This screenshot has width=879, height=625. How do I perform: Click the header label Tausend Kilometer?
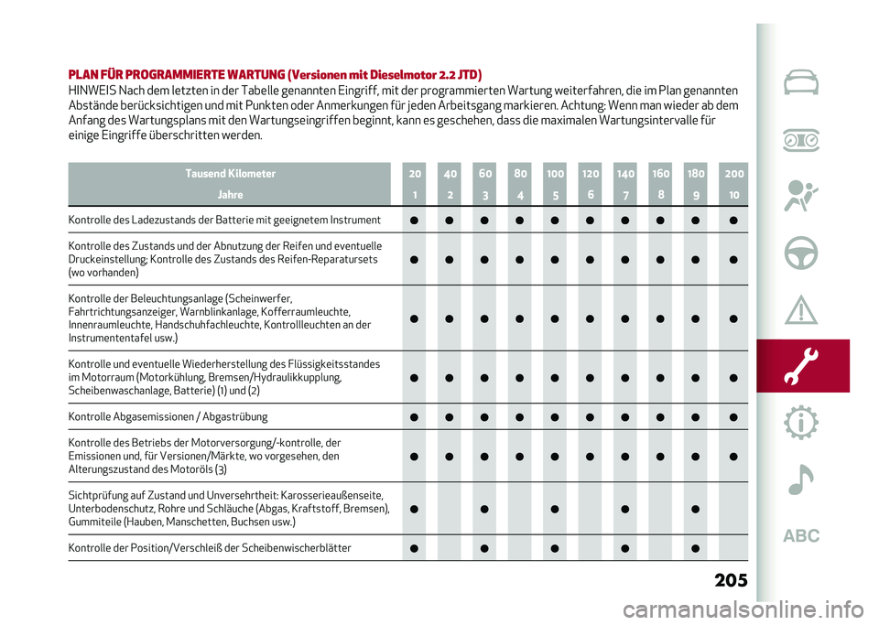[x=230, y=173]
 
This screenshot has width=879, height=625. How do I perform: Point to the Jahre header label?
[x=230, y=195]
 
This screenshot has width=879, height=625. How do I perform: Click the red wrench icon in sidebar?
[x=802, y=365]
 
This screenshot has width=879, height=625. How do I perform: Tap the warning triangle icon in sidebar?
[x=802, y=310]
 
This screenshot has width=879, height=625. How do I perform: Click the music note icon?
[x=802, y=478]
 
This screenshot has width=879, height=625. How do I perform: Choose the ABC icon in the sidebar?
[x=801, y=536]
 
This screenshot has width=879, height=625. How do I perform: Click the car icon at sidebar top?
[x=802, y=83]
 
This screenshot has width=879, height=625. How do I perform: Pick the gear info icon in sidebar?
[x=802, y=423]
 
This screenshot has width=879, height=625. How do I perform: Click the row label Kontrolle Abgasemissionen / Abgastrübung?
[x=168, y=416]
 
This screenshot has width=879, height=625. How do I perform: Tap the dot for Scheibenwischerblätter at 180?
[x=697, y=548]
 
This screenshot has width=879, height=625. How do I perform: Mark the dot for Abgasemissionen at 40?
[x=449, y=417]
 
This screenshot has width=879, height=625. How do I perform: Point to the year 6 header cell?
[x=591, y=195]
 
